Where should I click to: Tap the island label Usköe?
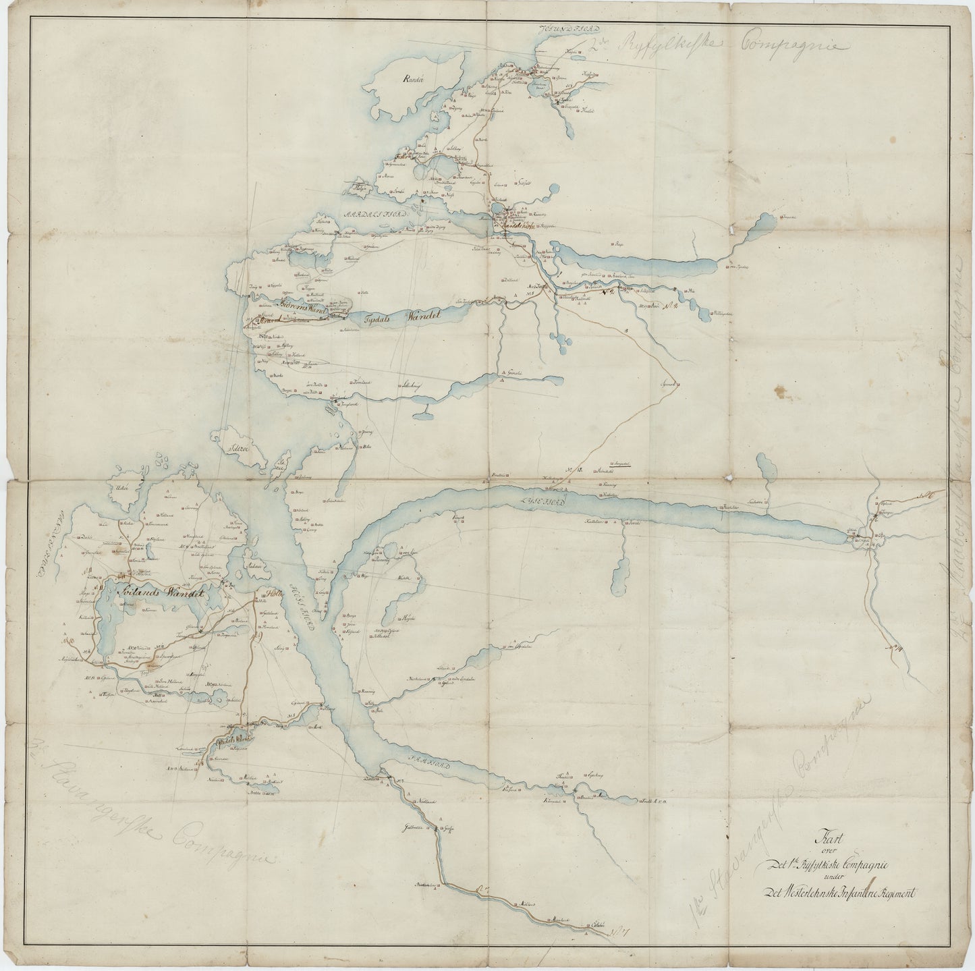click(x=122, y=489)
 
